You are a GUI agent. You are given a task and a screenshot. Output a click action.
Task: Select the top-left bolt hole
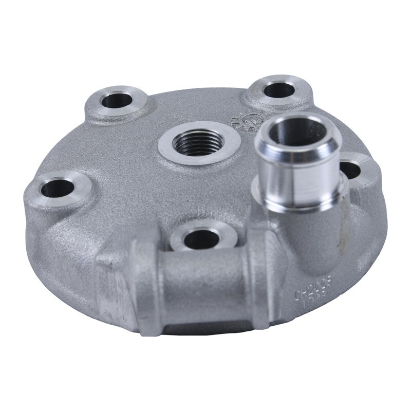tap(117, 101)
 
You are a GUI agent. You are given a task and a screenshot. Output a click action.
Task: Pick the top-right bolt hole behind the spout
tap(278, 90)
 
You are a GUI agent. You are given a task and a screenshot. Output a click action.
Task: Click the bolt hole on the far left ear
tap(58, 189)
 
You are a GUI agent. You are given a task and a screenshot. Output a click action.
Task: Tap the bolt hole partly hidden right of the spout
tap(351, 170)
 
